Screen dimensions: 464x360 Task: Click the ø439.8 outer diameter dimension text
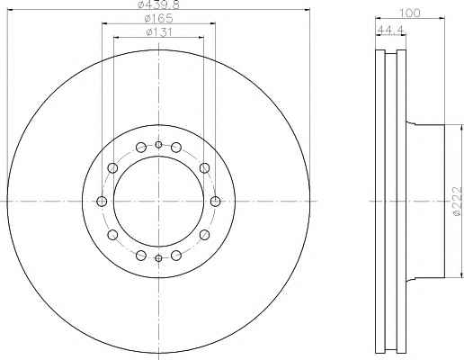point(158,4)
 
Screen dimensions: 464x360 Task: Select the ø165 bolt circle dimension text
point(158,18)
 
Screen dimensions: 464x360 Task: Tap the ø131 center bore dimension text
point(158,31)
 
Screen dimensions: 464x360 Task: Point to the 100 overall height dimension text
point(410,13)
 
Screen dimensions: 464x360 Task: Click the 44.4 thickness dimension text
point(391,30)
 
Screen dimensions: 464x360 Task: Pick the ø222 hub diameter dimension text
point(458,201)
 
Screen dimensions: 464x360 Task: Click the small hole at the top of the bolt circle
point(158,145)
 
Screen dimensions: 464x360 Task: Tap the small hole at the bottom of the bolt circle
point(158,257)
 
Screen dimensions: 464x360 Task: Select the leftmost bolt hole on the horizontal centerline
point(102,201)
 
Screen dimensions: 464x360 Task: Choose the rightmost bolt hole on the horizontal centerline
point(215,201)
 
